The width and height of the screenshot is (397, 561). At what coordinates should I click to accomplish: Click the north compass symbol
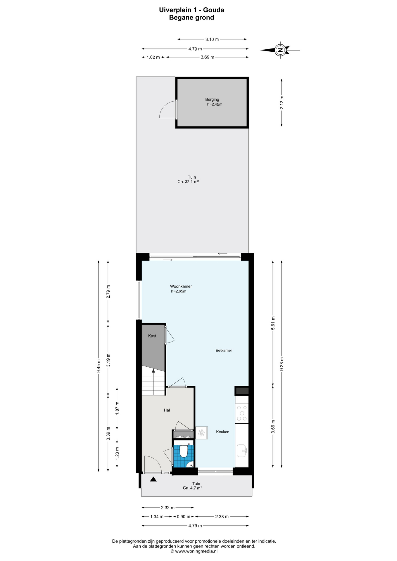point(280,50)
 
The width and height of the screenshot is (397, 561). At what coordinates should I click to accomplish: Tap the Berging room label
point(212,99)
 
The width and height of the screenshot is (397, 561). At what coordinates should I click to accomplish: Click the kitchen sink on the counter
point(242,450)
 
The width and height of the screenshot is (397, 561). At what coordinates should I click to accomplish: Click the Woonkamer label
point(181,286)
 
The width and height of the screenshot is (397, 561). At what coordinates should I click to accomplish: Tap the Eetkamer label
point(224,350)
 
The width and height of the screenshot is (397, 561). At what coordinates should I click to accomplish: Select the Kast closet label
point(152,336)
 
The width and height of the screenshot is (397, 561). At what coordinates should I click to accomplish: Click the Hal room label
point(167,410)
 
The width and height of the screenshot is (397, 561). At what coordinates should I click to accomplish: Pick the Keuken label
point(222,432)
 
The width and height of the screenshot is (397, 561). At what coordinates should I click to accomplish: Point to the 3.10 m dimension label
point(212,39)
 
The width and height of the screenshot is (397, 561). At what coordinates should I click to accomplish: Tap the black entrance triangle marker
point(153,479)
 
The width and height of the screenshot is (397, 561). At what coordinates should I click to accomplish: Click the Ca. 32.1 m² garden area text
point(188,181)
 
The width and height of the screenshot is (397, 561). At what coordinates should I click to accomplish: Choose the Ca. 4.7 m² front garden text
point(192,488)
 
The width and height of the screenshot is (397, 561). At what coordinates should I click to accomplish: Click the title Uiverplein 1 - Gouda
point(191,10)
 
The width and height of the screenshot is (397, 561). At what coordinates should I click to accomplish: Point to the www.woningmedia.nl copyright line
point(194,551)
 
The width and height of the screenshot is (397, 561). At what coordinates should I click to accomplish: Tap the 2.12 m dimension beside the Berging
point(282,103)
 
